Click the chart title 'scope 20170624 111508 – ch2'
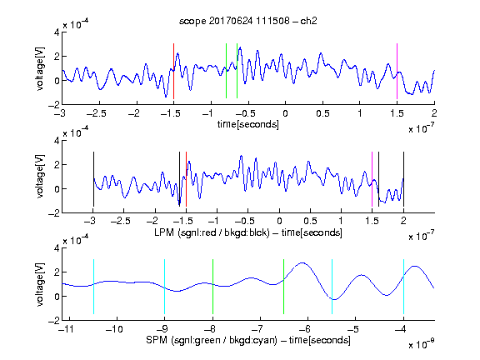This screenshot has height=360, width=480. (248, 21)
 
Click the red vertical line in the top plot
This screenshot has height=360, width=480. (173, 71)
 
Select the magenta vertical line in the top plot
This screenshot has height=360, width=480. (397, 71)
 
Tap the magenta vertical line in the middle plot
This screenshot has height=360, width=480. (372, 179)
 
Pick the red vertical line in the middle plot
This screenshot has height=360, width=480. (186, 179)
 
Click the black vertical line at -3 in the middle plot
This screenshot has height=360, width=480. (93, 179)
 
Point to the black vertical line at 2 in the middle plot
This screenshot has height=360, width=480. (403, 179)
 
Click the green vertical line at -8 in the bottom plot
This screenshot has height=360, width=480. (212, 287)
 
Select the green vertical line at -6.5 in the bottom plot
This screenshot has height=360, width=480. (284, 287)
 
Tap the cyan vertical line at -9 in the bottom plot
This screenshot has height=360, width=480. (165, 287)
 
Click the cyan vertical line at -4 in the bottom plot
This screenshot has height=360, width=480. (403, 287)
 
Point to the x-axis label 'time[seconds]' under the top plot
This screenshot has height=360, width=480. (248, 124)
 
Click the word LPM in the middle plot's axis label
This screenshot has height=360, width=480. (164, 232)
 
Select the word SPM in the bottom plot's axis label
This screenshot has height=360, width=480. (157, 340)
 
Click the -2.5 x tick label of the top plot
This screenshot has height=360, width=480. (96, 113)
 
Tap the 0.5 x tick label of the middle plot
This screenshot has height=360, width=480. (310, 221)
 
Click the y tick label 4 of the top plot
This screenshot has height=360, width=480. (57, 32)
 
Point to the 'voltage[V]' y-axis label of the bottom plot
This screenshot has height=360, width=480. (40, 284)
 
